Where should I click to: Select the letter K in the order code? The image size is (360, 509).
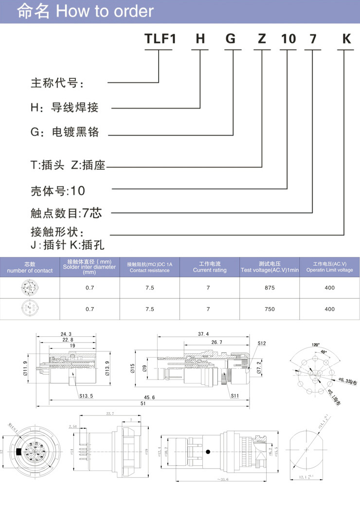(346, 39)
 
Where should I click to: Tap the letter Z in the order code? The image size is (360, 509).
(262, 39)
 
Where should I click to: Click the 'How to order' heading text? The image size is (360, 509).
(105, 11)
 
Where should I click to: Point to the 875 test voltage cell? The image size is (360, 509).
(270, 288)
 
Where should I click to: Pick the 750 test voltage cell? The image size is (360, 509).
(270, 309)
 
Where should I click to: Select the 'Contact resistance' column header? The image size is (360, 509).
(149, 271)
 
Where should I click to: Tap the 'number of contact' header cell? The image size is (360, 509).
(30, 271)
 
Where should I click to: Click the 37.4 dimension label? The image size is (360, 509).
(203, 334)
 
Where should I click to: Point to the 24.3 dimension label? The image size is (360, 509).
(66, 334)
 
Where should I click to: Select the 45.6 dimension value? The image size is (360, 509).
(147, 398)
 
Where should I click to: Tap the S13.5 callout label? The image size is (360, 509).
(86, 396)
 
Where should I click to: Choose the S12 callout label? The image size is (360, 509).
(262, 344)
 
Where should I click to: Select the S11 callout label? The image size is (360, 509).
(235, 396)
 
